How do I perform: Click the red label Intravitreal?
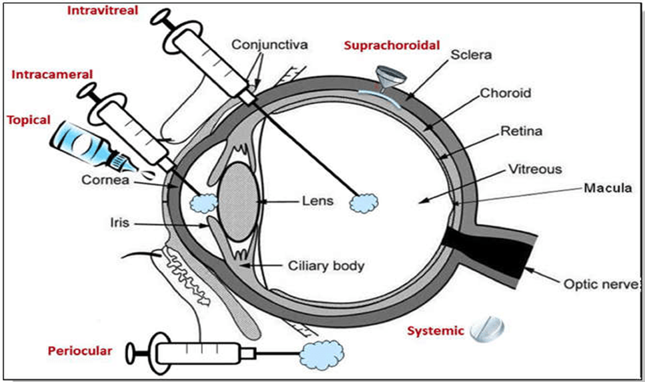click(x=99, y=11)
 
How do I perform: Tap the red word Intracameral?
click(x=44, y=74)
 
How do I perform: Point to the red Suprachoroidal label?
click(x=392, y=45)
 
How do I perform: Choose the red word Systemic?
click(x=435, y=330)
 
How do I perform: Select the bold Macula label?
click(x=608, y=188)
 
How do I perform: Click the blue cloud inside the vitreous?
click(x=365, y=202)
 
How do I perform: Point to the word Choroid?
click(x=506, y=93)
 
